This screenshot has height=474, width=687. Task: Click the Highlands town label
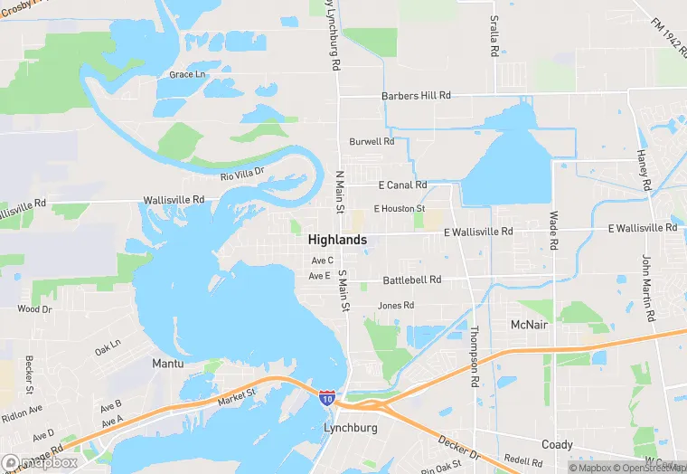pyautogui.click(x=337, y=240)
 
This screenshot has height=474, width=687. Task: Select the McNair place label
pyautogui.click(x=529, y=325)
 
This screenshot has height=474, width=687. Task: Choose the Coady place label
pyautogui.click(x=557, y=444)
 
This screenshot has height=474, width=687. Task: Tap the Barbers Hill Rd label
pyautogui.click(x=416, y=95)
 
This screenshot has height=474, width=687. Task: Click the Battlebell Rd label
pyautogui.click(x=412, y=280)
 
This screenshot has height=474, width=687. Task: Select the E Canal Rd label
pyautogui.click(x=401, y=185)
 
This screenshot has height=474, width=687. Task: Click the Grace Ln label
pyautogui.click(x=187, y=74)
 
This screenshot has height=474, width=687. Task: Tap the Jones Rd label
pyautogui.click(x=396, y=306)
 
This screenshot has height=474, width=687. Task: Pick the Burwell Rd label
pyautogui.click(x=372, y=142)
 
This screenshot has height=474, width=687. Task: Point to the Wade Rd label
pyautogui.click(x=553, y=232)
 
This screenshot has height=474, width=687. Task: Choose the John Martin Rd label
pyautogui.click(x=647, y=289)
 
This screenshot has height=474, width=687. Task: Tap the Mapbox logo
pyautogui.click(x=40, y=462)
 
